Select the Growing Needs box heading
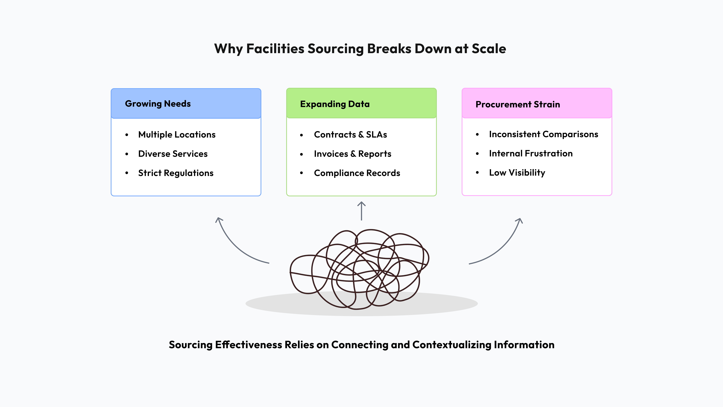tap(158, 104)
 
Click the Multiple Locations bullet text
tap(177, 135)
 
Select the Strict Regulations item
tap(176, 173)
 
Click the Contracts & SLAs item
tap(350, 135)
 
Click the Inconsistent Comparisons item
tap(543, 134)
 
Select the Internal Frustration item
tap(530, 153)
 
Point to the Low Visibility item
tap(517, 173)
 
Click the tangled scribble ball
tap(359, 270)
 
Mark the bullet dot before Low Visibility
tap(477, 173)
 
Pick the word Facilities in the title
tap(275, 49)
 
